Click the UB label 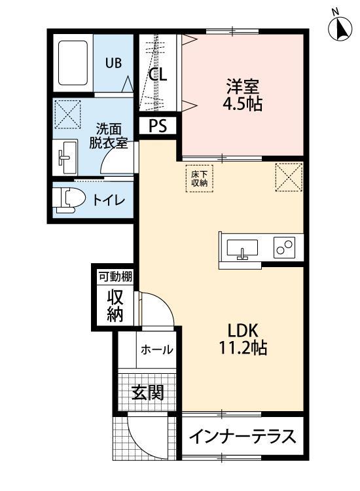115,63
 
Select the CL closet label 158,74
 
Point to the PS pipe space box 158,126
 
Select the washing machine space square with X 66,114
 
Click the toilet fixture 67,199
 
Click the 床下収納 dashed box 199,179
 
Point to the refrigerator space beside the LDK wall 289,177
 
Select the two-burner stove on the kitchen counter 285,248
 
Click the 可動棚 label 115,277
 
